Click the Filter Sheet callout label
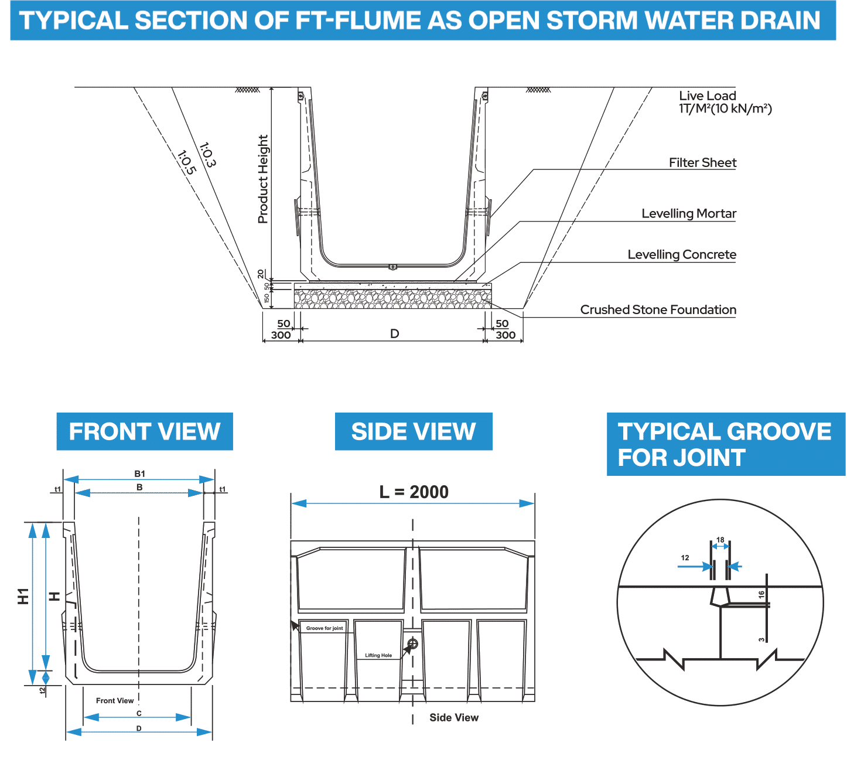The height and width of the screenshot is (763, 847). tap(702, 163)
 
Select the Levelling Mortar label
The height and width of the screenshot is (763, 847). tap(689, 214)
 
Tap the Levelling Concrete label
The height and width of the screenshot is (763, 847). tap(682, 255)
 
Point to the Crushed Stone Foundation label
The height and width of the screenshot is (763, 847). tap(658, 310)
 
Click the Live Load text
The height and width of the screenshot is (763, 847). tap(708, 96)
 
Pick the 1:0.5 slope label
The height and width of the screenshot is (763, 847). tap(186, 163)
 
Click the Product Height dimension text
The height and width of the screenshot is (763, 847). tap(263, 179)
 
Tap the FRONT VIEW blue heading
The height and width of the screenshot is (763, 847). tap(145, 432)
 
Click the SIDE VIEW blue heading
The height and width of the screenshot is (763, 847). tap(414, 432)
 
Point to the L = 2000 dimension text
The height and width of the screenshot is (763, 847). tap(414, 492)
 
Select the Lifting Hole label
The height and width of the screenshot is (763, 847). tap(378, 656)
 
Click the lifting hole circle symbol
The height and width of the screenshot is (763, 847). tap(412, 643)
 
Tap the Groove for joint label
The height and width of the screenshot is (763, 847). tap(325, 628)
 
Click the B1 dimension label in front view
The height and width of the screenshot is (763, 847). tap(139, 474)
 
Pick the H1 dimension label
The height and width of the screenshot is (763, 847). tap(23, 596)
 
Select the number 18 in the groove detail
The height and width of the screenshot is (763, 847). tap(720, 540)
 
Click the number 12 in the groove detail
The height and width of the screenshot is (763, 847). tap(685, 558)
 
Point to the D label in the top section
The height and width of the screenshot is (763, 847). tap(394, 334)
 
